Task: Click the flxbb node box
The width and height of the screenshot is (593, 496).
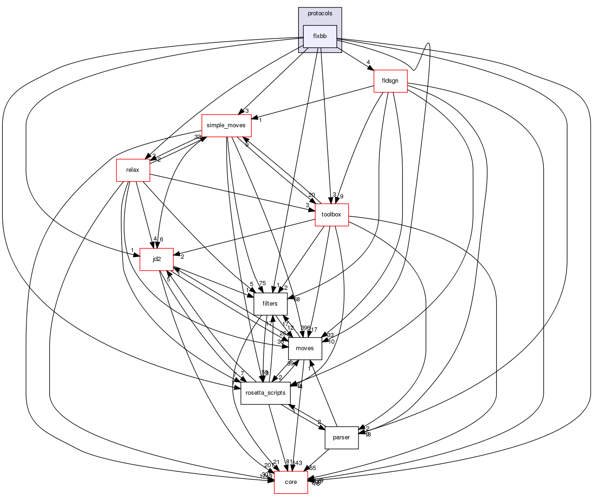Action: pyautogui.click(x=319, y=36)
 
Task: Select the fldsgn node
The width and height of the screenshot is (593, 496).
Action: pyautogui.click(x=390, y=81)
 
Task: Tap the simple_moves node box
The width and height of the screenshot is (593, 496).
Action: pyautogui.click(x=226, y=125)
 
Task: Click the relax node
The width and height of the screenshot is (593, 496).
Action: pyautogui.click(x=133, y=170)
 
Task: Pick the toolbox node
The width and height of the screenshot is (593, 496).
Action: pyautogui.click(x=332, y=215)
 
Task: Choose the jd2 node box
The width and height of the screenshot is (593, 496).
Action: pyautogui.click(x=157, y=259)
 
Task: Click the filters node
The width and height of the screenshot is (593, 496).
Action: pyautogui.click(x=270, y=304)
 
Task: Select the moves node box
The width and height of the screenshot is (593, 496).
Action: pyautogui.click(x=305, y=348)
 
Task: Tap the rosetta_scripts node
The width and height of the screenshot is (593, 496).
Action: pyautogui.click(x=266, y=393)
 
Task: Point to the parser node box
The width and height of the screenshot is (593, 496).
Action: pyautogui.click(x=341, y=437)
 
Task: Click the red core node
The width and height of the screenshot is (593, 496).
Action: pyautogui.click(x=291, y=482)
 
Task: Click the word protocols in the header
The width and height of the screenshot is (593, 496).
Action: pyautogui.click(x=320, y=13)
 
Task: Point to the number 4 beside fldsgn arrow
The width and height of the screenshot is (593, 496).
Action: pyautogui.click(x=368, y=62)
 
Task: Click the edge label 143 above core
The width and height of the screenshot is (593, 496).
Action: pyautogui.click(x=297, y=463)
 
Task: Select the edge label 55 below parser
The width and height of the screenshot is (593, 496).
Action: pyautogui.click(x=313, y=468)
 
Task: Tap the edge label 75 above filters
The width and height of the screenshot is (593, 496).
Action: pyautogui.click(x=262, y=283)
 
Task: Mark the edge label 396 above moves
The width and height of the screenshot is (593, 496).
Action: pyautogui.click(x=305, y=328)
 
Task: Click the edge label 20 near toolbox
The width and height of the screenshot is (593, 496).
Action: pyautogui.click(x=311, y=195)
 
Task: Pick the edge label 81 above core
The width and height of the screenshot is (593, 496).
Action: pyautogui.click(x=289, y=462)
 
